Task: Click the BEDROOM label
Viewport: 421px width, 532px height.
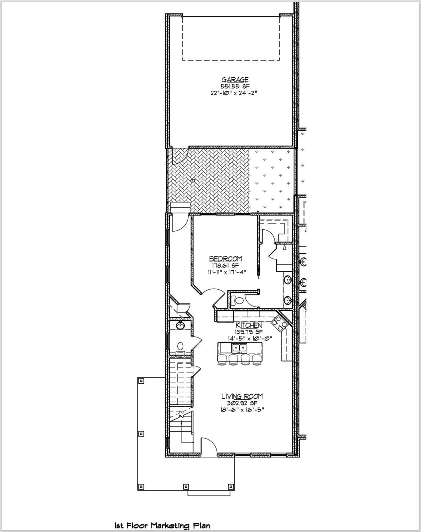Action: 225,259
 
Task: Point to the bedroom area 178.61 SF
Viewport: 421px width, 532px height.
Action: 225,265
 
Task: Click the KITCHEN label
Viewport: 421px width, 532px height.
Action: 249,325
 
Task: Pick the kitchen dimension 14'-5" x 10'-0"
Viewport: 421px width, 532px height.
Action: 250,338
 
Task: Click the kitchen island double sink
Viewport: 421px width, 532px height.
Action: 240,348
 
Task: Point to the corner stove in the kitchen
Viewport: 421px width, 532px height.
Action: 277,323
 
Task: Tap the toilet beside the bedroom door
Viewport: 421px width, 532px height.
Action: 237,300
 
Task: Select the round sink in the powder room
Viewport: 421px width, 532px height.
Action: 180,325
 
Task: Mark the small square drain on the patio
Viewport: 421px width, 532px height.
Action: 193,180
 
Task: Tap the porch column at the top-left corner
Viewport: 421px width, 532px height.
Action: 141,380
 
